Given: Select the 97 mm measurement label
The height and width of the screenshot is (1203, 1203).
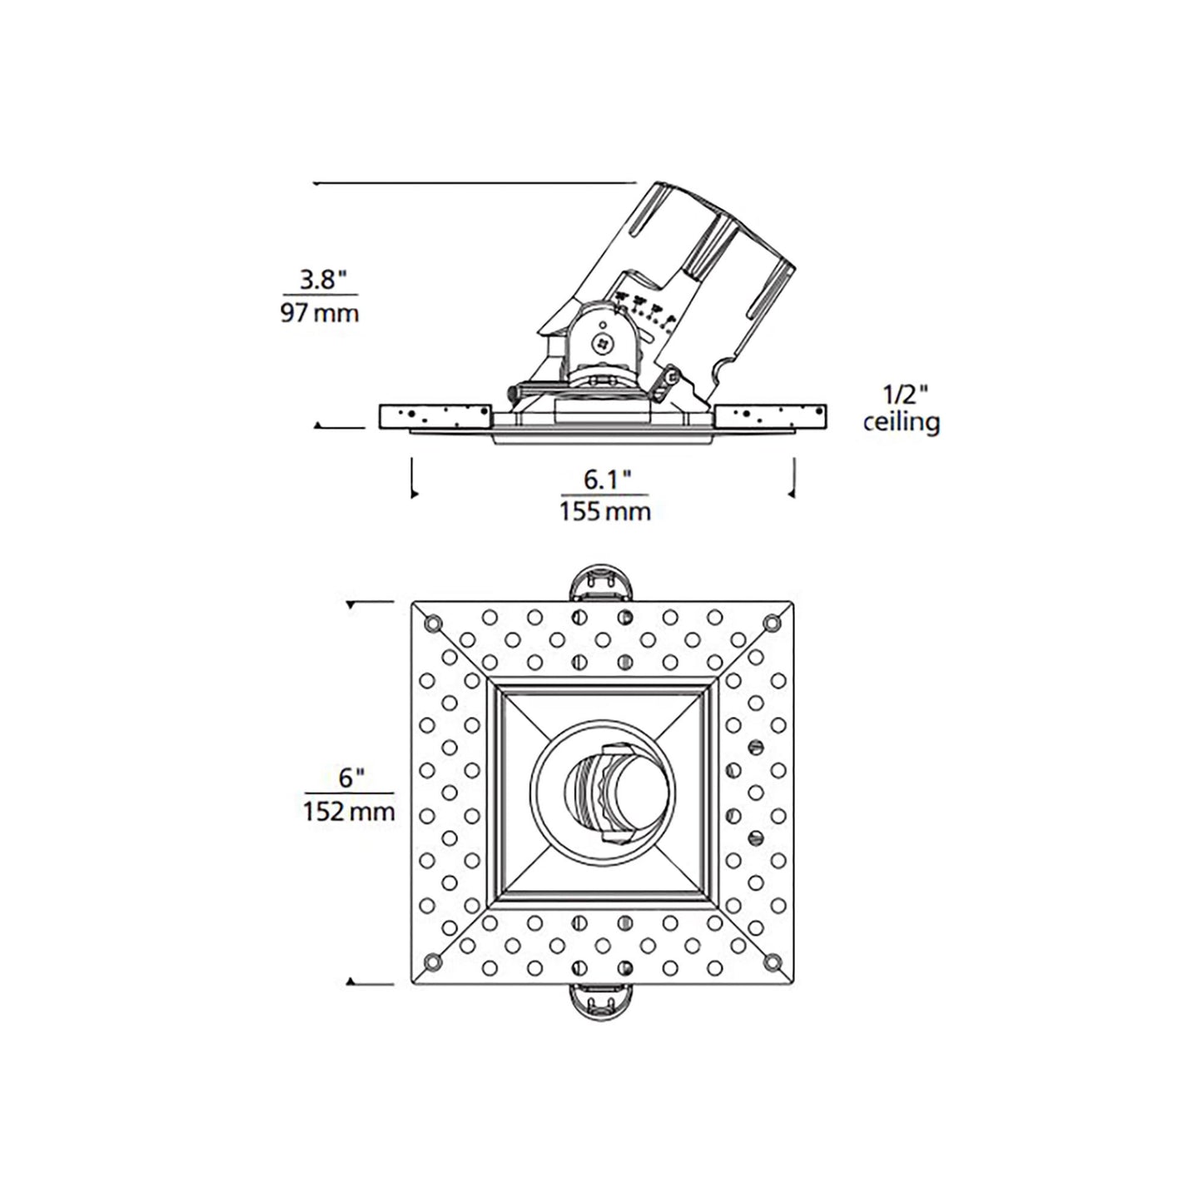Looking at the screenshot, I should click(x=320, y=314).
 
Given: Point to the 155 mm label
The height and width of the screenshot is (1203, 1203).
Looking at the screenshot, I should click(x=604, y=510).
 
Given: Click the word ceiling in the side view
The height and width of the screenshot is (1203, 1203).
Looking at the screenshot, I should click(x=902, y=422).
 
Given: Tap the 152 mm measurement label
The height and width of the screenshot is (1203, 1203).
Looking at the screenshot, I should click(x=350, y=810).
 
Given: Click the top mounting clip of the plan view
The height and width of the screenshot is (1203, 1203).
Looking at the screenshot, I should click(x=602, y=583).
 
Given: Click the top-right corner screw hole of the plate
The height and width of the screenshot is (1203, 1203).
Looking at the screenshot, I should click(x=772, y=621).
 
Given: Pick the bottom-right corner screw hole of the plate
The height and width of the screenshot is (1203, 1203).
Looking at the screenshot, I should click(x=772, y=962).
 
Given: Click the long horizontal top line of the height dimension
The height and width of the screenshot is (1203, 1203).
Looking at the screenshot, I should click(x=475, y=181).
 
